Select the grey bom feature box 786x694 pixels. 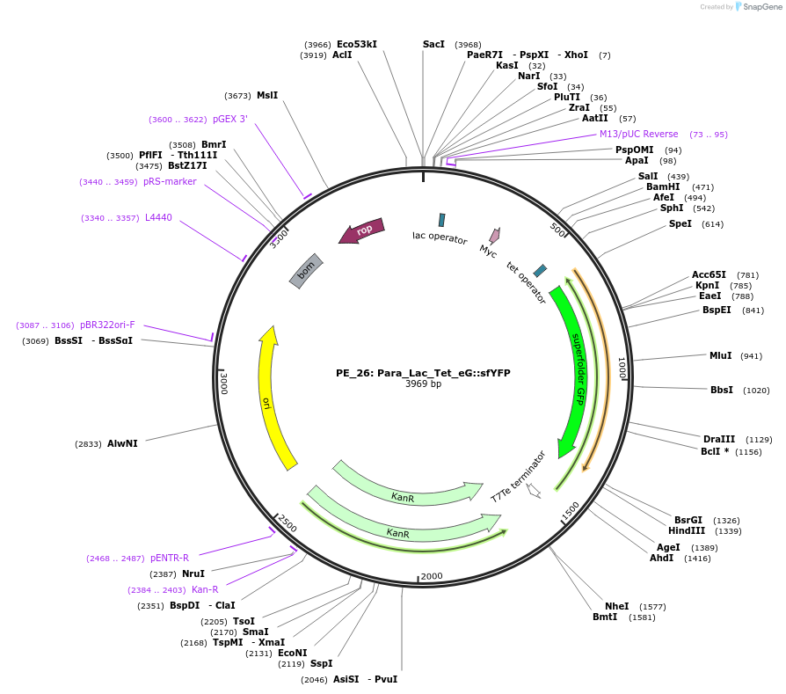click(x=306, y=271)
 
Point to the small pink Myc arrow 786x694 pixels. click(x=495, y=236)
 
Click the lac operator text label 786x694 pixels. click(x=440, y=237)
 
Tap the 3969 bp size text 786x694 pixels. click(x=423, y=384)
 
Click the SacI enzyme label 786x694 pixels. click(x=433, y=44)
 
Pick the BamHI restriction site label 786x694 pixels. click(x=663, y=186)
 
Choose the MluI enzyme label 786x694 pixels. click(x=720, y=355)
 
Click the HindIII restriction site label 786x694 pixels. click(x=687, y=530)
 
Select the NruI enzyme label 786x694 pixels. click(x=193, y=573)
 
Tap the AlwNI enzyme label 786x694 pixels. click(x=122, y=443)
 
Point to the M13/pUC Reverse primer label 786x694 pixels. click(x=638, y=134)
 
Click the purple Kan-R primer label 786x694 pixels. click(x=205, y=589)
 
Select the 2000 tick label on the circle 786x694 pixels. click(x=432, y=576)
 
